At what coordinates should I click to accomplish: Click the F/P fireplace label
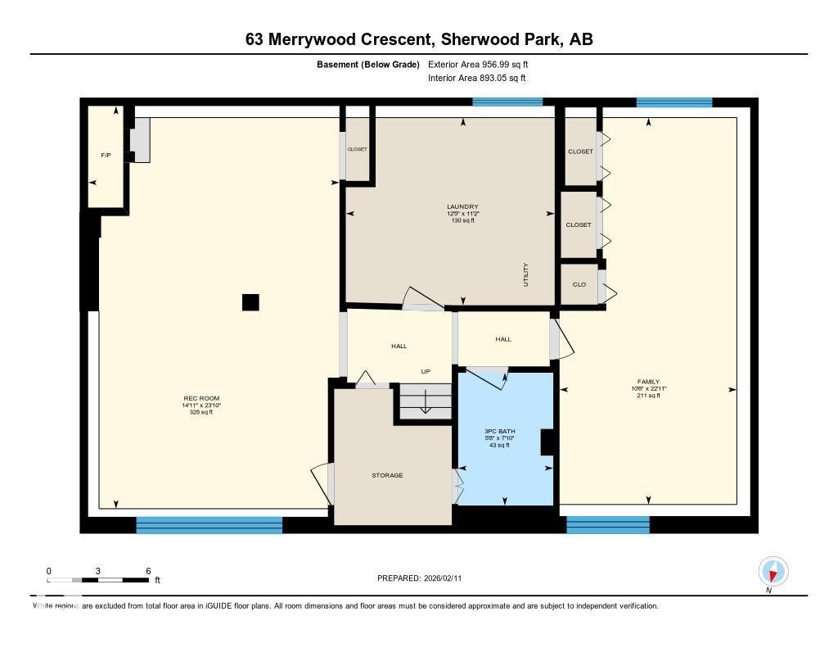point(106,155)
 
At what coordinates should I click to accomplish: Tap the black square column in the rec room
point(250,302)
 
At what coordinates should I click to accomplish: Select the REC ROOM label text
point(200,399)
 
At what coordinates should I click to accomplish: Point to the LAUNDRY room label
point(462,206)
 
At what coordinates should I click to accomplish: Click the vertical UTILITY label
point(526,274)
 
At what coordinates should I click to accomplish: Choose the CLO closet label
point(579,284)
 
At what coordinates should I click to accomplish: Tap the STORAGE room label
point(387,475)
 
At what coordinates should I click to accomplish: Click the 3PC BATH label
point(498,430)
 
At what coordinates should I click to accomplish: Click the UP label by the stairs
point(426,371)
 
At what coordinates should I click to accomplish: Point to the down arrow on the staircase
point(426,403)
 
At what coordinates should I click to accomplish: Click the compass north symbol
point(773,571)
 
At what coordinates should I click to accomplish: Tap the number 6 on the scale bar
point(148,570)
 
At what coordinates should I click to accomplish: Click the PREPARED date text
point(425,578)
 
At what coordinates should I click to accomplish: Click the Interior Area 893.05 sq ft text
point(476,79)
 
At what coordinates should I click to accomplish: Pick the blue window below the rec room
point(209,525)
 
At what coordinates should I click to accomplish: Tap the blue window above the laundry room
point(496,102)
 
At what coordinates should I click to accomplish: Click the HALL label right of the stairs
point(503,339)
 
